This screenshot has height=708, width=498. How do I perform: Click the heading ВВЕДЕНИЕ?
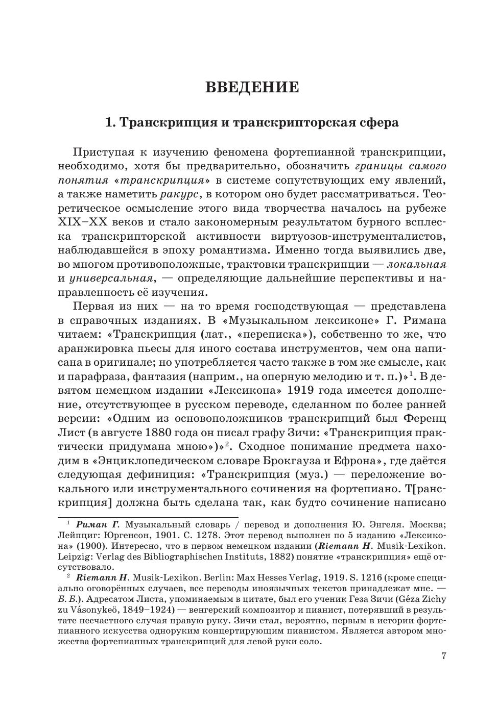click(x=252, y=87)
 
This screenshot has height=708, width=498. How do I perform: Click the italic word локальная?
click(x=416, y=264)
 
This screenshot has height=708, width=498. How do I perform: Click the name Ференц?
click(x=424, y=418)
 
